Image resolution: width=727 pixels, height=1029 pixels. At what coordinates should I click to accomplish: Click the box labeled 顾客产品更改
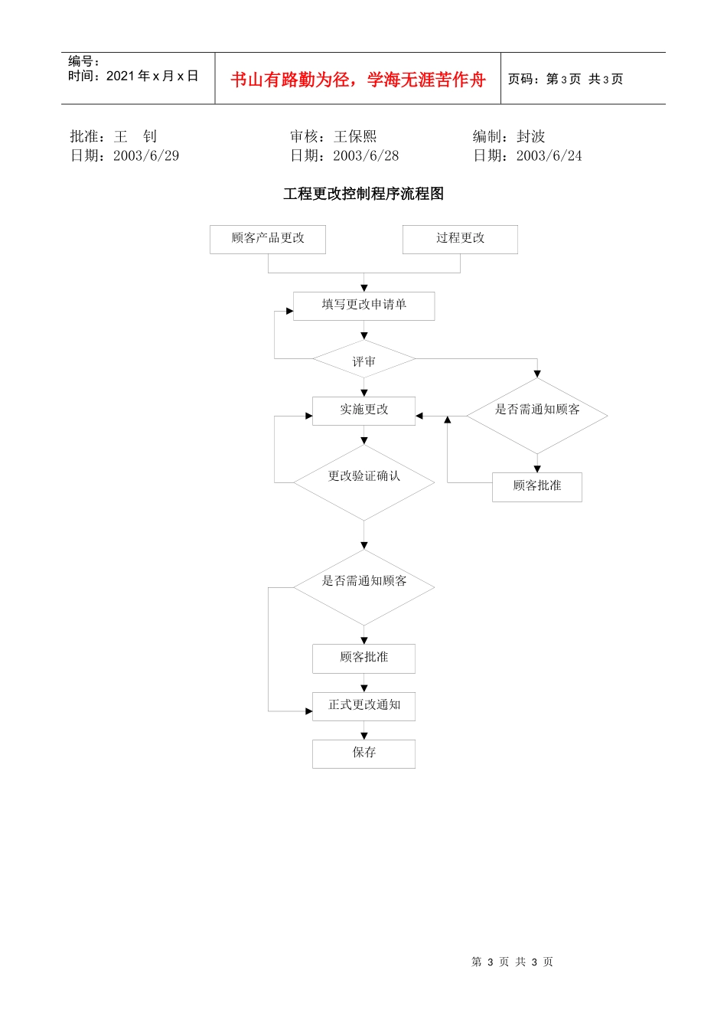coord(268,239)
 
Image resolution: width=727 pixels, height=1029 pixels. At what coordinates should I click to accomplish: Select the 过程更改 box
coord(460,239)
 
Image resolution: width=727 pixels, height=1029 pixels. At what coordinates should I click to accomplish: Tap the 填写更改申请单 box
coord(363,305)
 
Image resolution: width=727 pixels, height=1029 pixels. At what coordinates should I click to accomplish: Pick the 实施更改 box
coord(363,410)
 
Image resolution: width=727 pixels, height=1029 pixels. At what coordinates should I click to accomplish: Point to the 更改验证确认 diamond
coord(363,482)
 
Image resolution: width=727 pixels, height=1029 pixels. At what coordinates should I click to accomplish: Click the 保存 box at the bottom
coord(363,753)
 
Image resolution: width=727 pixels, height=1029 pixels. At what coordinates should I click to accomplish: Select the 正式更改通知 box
coord(363,706)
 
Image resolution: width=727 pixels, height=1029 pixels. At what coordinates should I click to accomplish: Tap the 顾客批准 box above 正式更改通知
coord(363,658)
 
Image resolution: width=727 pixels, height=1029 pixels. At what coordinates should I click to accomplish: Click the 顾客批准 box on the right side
coord(536,487)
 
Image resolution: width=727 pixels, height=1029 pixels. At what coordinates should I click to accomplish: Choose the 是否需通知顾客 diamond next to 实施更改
coord(536,415)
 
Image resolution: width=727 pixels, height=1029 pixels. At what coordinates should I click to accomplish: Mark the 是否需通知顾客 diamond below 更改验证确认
coord(363,586)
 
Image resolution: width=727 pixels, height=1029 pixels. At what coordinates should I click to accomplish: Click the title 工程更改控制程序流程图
coord(363,194)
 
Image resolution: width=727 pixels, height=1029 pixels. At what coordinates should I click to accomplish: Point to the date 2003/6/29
coord(146,156)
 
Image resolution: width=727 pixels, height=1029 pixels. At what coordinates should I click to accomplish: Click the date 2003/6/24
coord(549,156)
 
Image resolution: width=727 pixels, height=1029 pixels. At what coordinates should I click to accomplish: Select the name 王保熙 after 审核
coord(355,136)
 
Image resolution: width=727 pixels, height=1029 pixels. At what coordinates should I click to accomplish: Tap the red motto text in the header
coord(358,80)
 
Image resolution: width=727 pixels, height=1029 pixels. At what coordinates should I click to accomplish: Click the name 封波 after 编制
coord(530,136)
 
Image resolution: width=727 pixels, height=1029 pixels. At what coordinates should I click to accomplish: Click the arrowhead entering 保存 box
coord(364,736)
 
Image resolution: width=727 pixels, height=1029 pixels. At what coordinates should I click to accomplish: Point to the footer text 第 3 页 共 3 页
coord(512,962)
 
